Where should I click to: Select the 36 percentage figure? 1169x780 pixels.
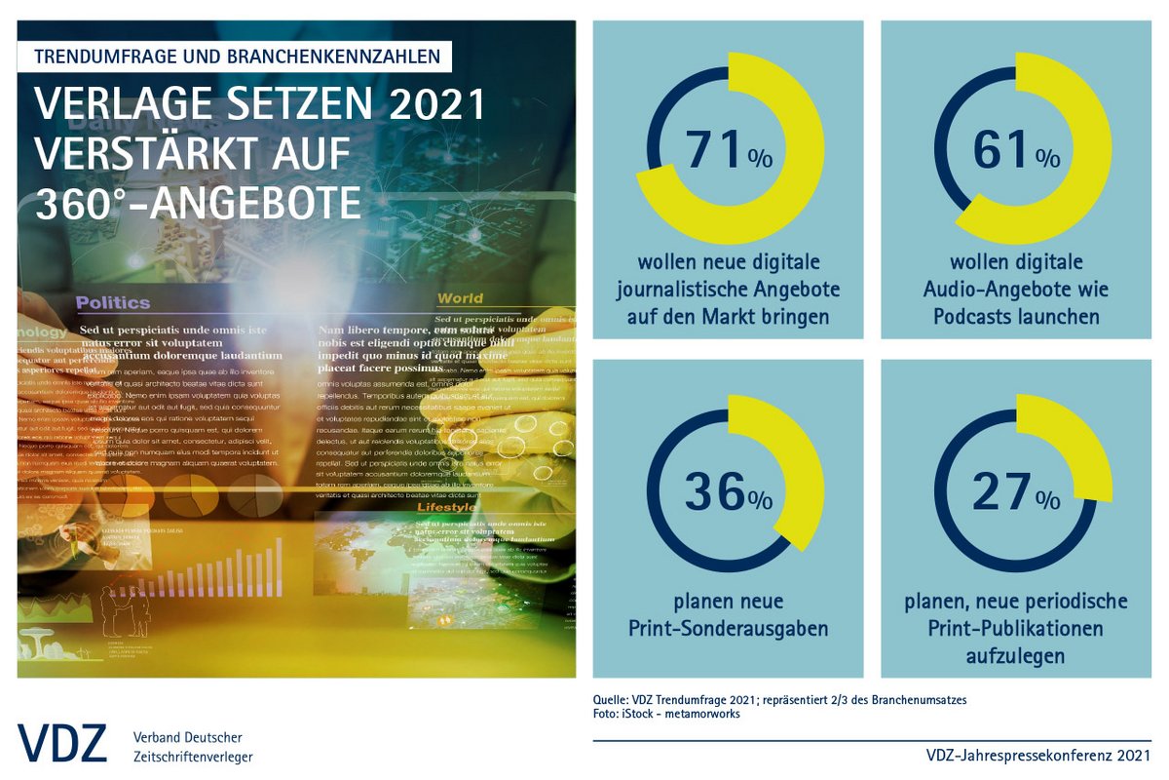(x=714, y=492)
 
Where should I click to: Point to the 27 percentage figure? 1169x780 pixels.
(x=1002, y=492)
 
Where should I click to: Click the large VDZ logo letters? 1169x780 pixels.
(x=61, y=744)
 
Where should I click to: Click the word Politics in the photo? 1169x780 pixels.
(x=113, y=302)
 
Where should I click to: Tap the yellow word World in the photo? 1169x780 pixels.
(x=460, y=298)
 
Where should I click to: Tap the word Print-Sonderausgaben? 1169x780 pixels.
(x=728, y=628)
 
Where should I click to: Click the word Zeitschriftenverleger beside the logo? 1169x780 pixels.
(x=193, y=757)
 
